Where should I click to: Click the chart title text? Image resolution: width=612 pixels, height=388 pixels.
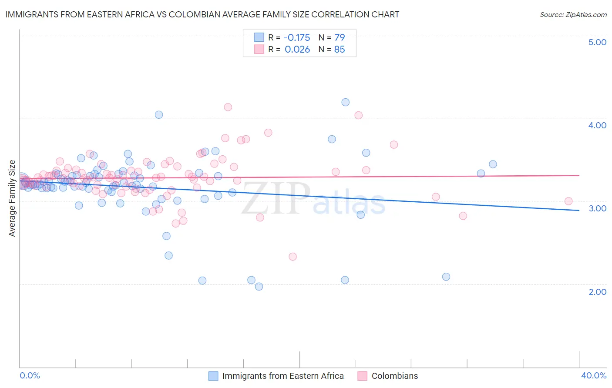tap(202, 14)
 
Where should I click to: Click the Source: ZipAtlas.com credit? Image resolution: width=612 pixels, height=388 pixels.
tap(573, 14)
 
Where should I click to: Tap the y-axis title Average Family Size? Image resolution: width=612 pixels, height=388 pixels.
tap(12, 198)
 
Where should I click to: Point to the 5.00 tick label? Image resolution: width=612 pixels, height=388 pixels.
tap(597, 42)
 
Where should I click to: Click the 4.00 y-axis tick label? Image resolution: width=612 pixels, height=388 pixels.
tap(597, 125)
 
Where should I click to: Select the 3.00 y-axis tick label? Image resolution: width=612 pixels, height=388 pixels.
tap(597, 208)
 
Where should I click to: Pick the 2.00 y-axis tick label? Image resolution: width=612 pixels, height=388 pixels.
tap(597, 292)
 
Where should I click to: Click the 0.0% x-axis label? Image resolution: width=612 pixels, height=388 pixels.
tap(30, 375)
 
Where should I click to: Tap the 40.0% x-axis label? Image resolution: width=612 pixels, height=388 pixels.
tap(593, 375)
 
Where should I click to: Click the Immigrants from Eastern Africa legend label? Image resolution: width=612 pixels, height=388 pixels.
tap(283, 376)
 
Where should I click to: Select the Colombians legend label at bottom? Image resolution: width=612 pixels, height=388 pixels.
tap(394, 376)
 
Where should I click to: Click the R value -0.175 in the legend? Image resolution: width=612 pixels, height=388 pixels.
tap(297, 38)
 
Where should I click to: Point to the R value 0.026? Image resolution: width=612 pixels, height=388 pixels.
tap(297, 50)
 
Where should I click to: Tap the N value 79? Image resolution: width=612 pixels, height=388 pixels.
tap(340, 38)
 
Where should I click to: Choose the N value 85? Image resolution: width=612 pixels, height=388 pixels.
tap(340, 50)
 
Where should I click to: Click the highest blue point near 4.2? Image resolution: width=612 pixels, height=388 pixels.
tap(345, 102)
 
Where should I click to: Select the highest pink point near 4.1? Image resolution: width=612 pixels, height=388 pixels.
tap(228, 107)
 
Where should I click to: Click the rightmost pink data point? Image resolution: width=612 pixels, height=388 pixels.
tap(568, 201)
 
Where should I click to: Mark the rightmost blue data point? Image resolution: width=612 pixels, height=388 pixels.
tap(493, 164)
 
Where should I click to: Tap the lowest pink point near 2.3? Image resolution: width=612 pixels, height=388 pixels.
tap(293, 257)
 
